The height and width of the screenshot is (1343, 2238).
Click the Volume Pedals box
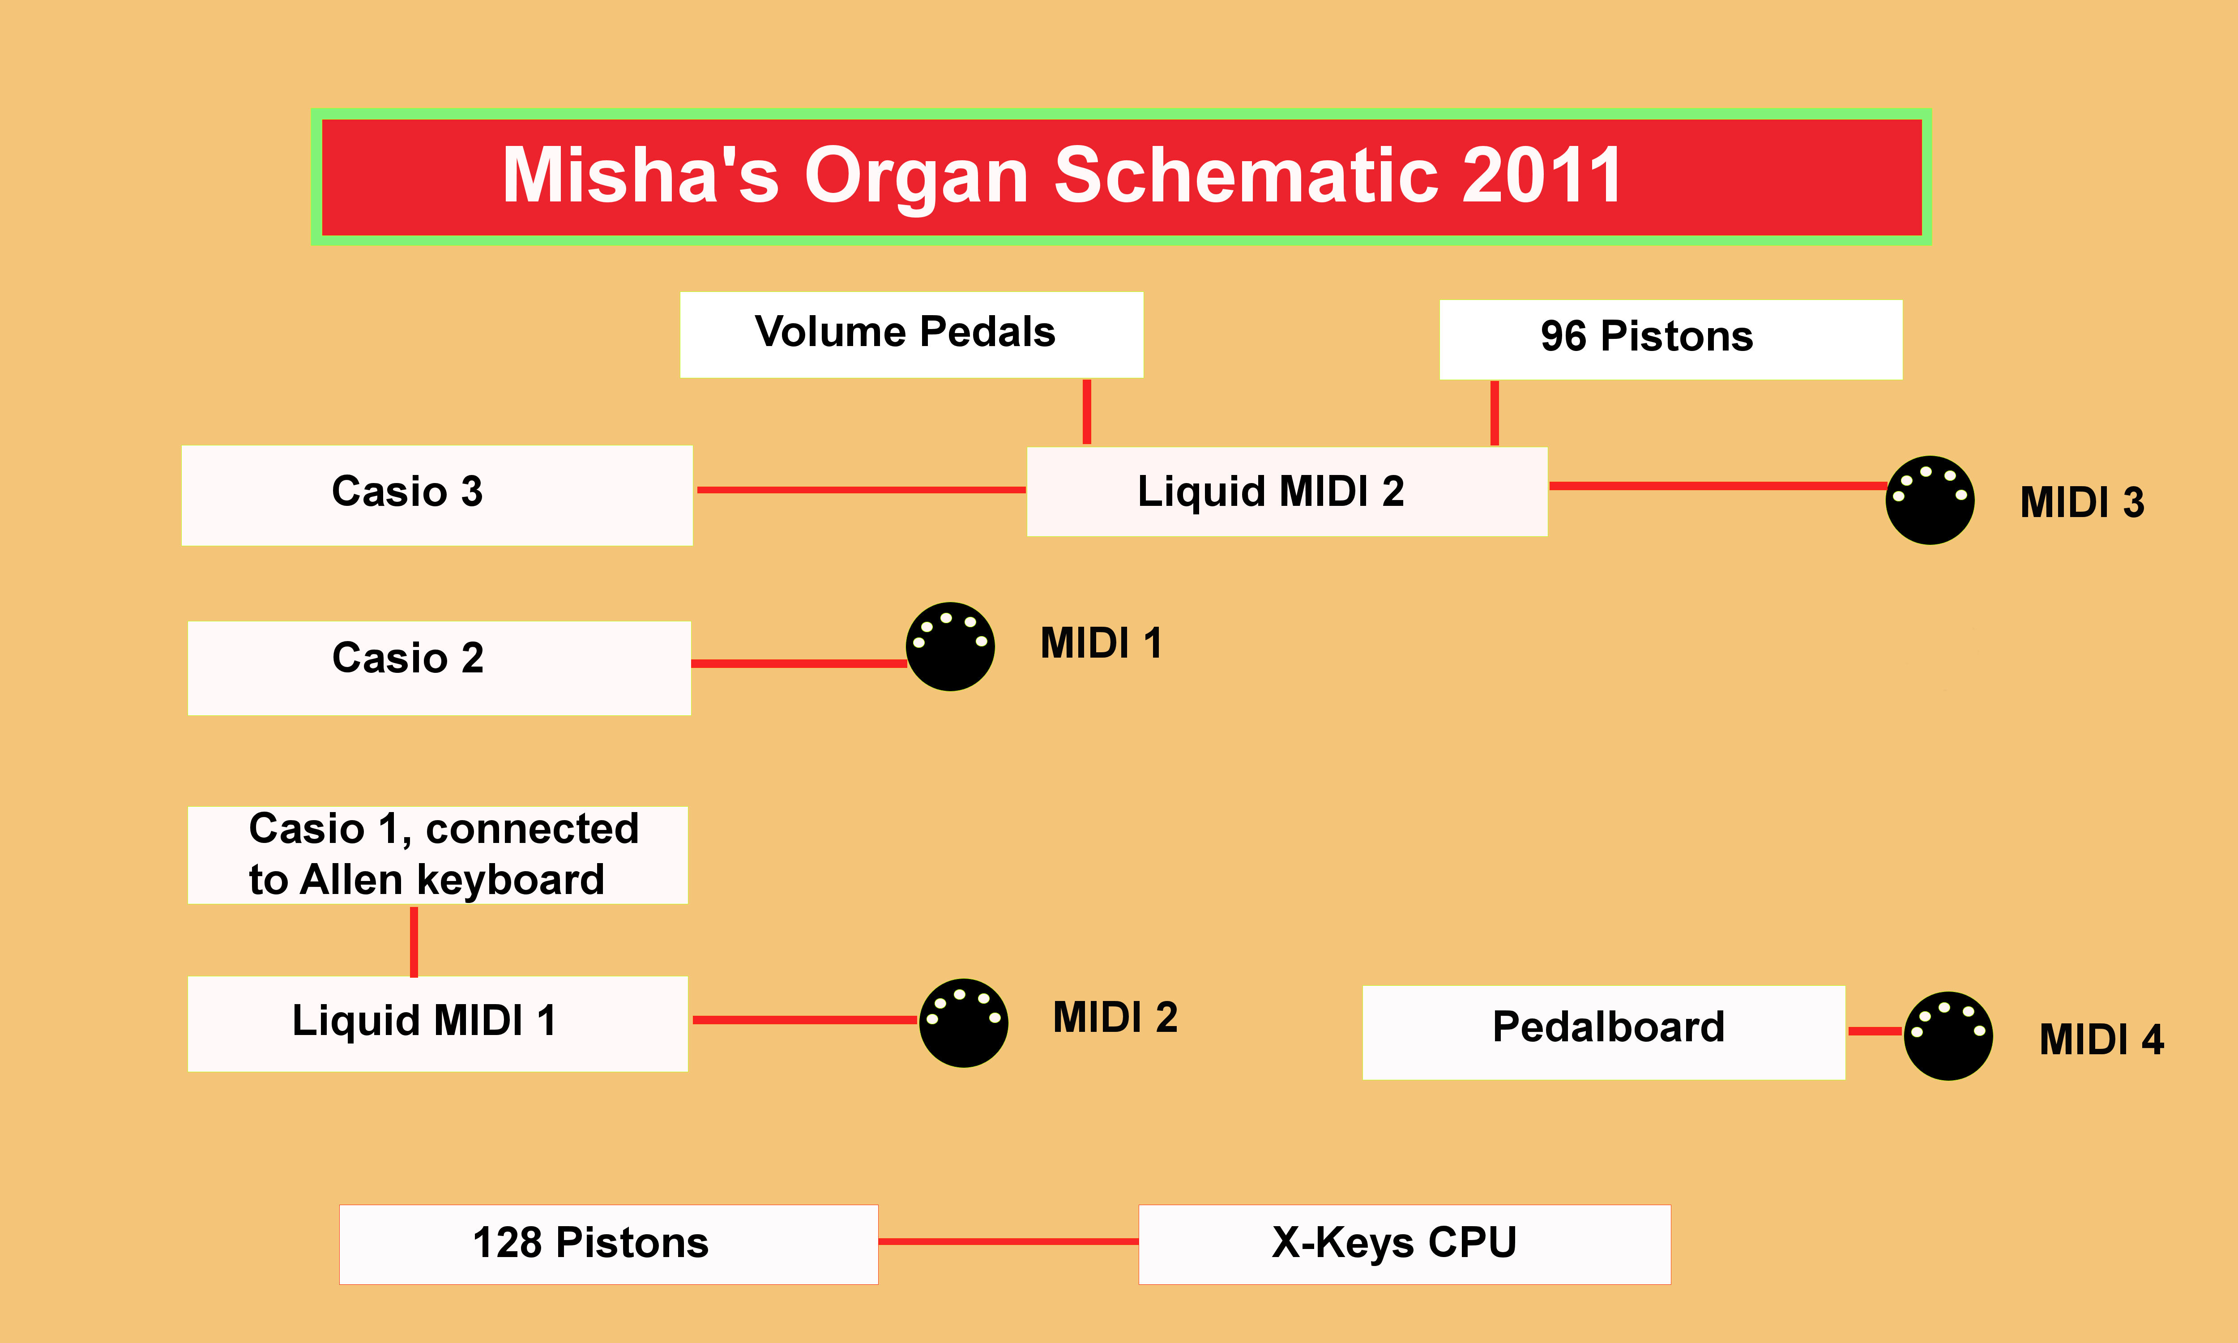911,334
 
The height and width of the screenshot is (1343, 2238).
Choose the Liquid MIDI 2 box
1286,492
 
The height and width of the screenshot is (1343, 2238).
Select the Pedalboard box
1603,1032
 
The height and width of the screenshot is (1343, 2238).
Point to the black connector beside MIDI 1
950,646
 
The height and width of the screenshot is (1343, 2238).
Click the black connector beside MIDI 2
963,1022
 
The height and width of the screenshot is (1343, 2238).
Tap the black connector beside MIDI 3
1930,500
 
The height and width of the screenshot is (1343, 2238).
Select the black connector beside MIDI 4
1948,1035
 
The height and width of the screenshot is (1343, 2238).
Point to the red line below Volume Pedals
1086,412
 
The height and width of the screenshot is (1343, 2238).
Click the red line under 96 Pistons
1495,413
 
